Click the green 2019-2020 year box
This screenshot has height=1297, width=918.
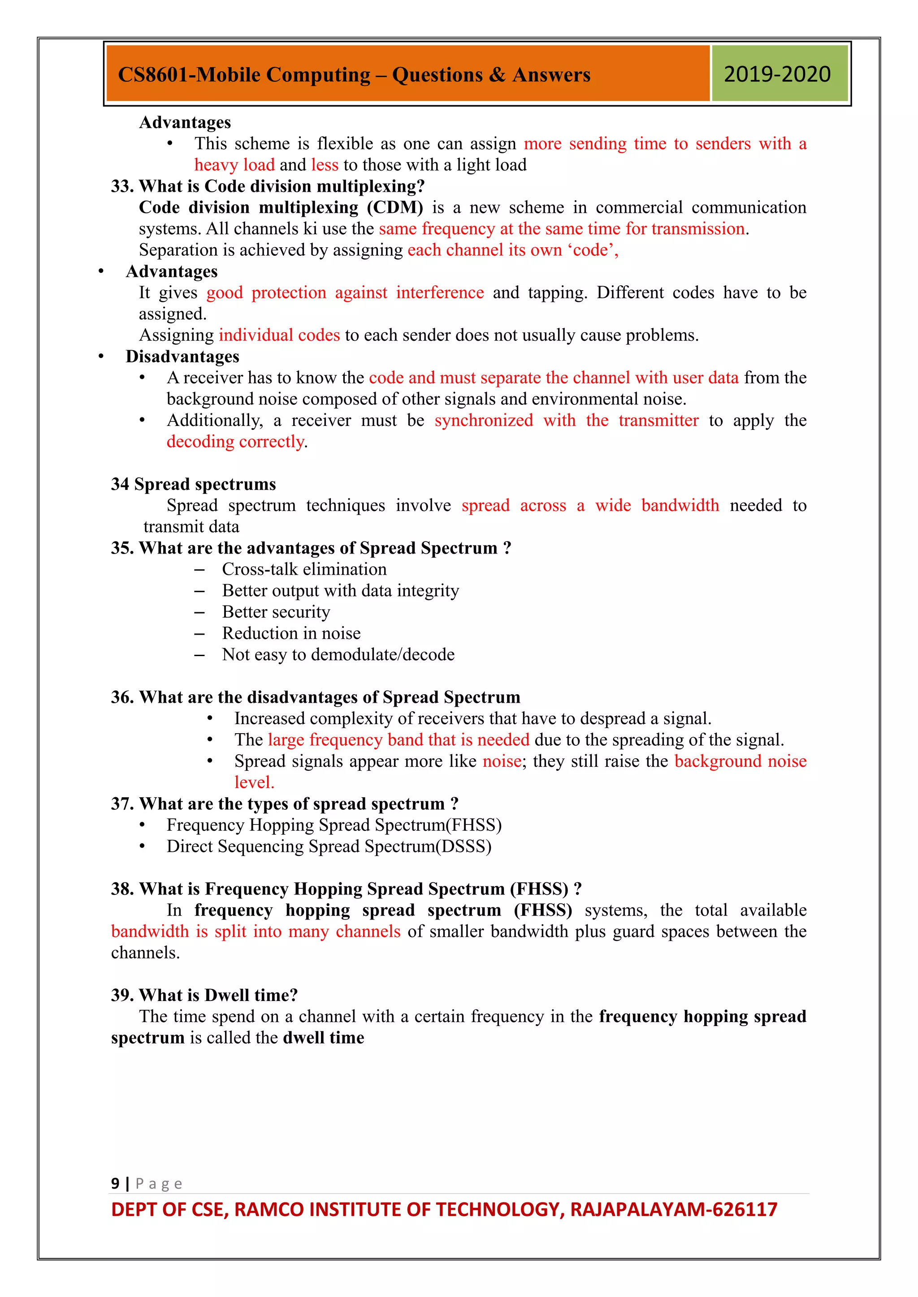(779, 74)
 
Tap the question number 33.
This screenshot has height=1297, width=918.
(121, 186)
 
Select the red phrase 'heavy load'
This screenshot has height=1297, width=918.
(234, 165)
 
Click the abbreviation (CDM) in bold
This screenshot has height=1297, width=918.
(394, 207)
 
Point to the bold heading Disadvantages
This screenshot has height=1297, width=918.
(182, 356)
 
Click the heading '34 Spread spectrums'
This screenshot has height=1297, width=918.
(193, 484)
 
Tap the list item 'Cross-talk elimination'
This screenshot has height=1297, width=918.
(304, 569)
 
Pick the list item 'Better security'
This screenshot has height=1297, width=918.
(276, 612)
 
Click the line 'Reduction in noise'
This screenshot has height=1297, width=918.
(291, 633)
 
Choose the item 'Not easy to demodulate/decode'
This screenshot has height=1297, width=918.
(338, 654)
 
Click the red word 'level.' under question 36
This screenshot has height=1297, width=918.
(254, 782)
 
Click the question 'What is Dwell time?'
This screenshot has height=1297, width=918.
(218, 995)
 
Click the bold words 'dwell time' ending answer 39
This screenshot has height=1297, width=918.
(323, 1038)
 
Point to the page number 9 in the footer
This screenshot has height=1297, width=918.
(115, 1183)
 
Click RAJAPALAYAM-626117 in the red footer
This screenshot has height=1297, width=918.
(674, 1209)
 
